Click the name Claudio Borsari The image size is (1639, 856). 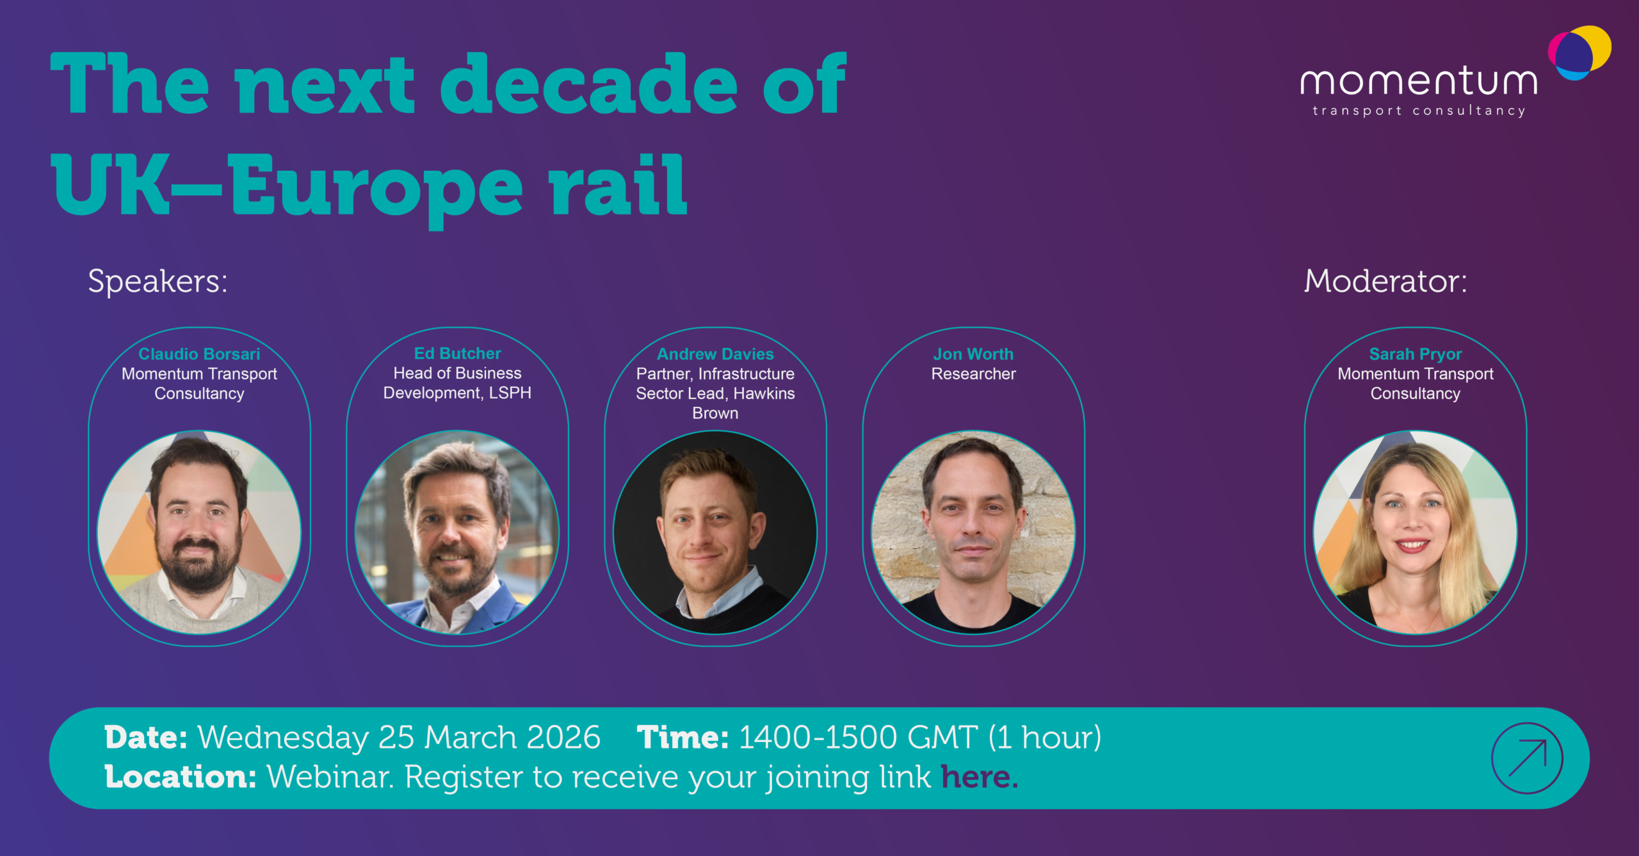[x=199, y=354]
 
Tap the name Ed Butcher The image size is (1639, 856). [x=458, y=353]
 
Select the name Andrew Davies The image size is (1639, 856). [x=715, y=354]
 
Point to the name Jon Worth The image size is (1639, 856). [x=973, y=354]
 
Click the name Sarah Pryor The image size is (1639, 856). [x=1416, y=354]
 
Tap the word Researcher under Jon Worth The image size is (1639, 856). [x=973, y=374]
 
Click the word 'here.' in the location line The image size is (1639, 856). [x=979, y=777]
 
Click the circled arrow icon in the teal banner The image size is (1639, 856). [x=1527, y=758]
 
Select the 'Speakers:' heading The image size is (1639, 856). [x=157, y=281]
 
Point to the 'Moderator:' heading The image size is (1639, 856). [x=1385, y=281]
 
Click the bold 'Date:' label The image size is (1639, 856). [x=146, y=737]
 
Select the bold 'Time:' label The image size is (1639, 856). [x=682, y=737]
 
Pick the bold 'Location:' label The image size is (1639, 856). [x=181, y=777]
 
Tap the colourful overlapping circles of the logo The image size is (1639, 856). [x=1579, y=53]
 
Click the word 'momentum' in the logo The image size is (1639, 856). [x=1419, y=82]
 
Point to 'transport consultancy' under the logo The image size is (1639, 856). [x=1419, y=111]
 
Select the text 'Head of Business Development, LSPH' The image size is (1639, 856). [x=457, y=383]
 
